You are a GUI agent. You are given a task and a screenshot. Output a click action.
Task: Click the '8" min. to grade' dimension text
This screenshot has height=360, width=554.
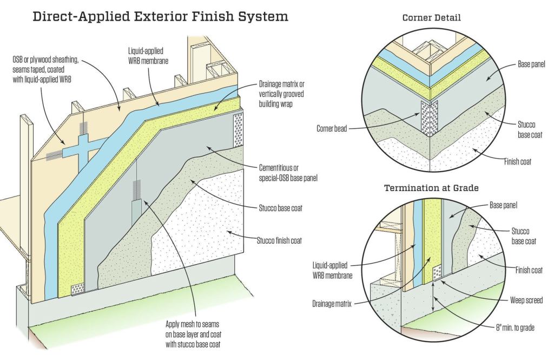click(512, 327)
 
